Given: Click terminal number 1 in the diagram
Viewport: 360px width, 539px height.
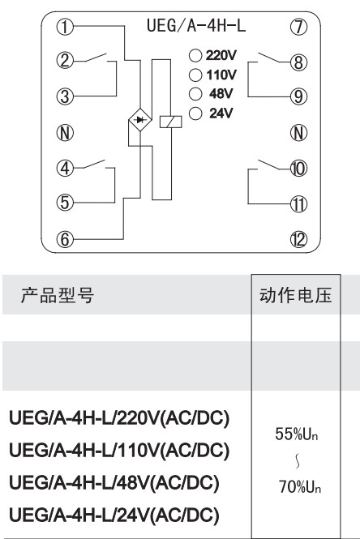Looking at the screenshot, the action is click(65, 27).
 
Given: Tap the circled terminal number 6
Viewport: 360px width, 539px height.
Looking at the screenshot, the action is click(65, 239).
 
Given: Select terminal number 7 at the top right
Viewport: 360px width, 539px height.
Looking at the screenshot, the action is click(298, 27).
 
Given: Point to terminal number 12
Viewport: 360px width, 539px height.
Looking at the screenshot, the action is click(298, 239).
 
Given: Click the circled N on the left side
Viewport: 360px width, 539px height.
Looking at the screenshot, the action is click(65, 133).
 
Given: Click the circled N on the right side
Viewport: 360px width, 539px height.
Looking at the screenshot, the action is click(298, 133).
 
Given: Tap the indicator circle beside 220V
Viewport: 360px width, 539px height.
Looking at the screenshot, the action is click(195, 55).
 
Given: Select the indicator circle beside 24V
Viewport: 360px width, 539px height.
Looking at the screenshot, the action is click(195, 113).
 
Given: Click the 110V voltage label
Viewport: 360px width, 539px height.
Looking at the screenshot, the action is click(221, 75).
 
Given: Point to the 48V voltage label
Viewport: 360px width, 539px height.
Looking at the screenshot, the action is click(221, 93).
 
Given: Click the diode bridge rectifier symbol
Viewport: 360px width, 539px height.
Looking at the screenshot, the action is click(140, 120).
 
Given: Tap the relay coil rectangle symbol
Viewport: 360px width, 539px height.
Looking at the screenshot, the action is click(170, 122).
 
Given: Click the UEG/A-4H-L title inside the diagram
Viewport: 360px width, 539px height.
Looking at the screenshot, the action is click(196, 26).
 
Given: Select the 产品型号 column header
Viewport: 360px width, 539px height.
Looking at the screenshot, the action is click(58, 295).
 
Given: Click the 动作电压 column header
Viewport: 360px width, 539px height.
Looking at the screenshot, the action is click(296, 295).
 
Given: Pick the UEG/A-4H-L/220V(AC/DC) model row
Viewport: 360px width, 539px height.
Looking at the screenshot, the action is click(119, 418).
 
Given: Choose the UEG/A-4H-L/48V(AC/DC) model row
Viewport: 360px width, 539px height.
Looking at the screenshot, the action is click(114, 482).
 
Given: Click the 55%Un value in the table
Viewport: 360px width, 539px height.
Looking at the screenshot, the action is click(297, 434).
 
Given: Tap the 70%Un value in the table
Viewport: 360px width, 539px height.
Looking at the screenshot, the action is click(299, 487).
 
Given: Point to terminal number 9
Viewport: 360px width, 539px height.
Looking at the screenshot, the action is click(298, 96).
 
